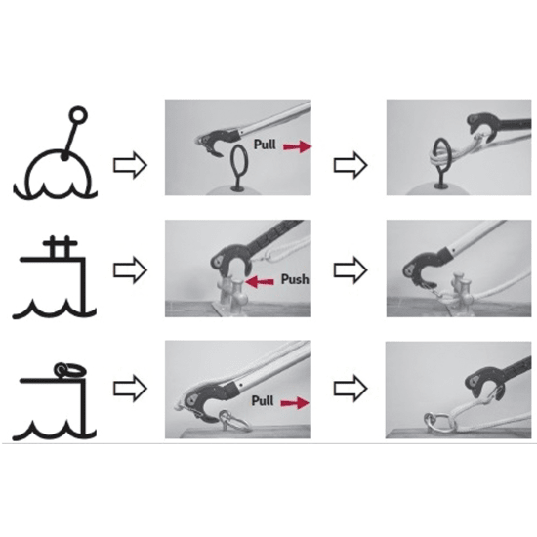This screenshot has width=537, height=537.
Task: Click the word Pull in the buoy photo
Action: click(x=265, y=145)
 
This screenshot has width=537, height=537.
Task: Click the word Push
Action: click(x=295, y=279)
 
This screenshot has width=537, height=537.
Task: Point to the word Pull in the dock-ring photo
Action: click(x=263, y=400)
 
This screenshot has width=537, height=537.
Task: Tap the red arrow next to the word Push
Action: click(x=260, y=282)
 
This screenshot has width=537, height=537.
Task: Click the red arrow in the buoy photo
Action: click(x=297, y=146)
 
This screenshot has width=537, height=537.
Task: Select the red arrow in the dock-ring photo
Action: click(x=295, y=403)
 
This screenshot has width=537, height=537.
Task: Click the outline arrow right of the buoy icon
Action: click(x=130, y=165)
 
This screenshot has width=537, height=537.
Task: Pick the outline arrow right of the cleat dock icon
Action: click(x=130, y=270)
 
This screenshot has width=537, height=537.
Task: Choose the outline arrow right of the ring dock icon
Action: click(x=130, y=389)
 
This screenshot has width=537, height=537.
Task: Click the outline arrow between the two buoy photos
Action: click(x=351, y=165)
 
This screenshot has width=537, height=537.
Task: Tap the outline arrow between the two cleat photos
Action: click(x=351, y=270)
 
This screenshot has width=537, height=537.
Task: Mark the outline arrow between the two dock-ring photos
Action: click(x=351, y=389)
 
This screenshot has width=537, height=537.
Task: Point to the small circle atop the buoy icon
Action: click(x=78, y=115)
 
